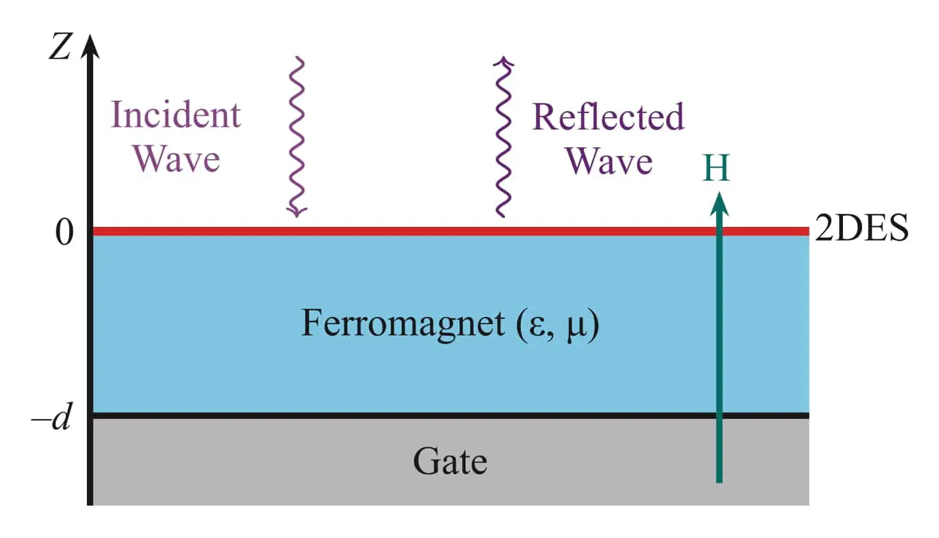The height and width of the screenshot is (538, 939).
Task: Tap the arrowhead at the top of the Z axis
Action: (90, 46)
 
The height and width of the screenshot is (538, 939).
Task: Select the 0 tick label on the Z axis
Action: (64, 232)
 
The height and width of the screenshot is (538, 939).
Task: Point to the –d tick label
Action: (51, 417)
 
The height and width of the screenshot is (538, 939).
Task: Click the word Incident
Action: (176, 114)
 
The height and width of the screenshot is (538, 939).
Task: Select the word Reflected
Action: (608, 116)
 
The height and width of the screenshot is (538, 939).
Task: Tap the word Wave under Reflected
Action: (609, 161)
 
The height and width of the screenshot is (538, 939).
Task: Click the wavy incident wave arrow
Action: (297, 137)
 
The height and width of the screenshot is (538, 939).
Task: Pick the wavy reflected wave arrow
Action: (503, 137)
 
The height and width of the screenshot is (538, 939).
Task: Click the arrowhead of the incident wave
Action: (297, 212)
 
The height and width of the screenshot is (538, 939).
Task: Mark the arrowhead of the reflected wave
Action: (503, 62)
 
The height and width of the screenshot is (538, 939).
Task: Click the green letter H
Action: (716, 168)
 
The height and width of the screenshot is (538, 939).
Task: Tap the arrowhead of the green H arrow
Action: (719, 204)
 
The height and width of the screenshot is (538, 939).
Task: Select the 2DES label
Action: (861, 228)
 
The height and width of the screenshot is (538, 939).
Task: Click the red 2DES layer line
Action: (450, 231)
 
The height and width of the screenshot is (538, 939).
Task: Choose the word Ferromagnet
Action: (403, 324)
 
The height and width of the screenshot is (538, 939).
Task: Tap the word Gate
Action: (450, 461)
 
